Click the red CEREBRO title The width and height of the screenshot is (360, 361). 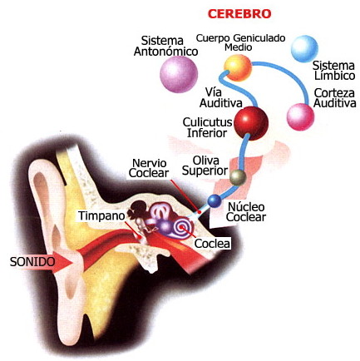point(239,13)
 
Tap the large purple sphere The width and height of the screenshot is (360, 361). point(179,74)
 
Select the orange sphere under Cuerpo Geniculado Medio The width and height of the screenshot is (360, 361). point(238,67)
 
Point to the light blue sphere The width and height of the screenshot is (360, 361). point(304,49)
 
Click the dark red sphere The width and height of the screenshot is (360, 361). point(251,123)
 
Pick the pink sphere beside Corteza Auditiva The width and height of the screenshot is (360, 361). point(300,116)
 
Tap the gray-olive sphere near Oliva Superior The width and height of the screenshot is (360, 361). point(238,177)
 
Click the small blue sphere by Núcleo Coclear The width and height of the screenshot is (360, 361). point(214,201)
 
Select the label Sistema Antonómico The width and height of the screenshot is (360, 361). point(165,46)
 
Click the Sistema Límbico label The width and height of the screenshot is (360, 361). point(334,71)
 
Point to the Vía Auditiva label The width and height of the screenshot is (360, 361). point(221,97)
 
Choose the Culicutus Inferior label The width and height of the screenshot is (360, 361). point(207,127)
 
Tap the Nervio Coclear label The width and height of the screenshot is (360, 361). point(149,168)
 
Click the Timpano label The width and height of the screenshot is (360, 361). point(101,215)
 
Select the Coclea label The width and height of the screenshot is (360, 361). point(212,244)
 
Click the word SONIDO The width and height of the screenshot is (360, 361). point(32,262)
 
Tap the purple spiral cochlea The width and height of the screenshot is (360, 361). point(182,227)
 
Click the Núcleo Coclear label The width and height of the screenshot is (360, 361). point(246,212)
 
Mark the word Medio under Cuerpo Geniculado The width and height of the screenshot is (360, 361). point(238,47)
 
